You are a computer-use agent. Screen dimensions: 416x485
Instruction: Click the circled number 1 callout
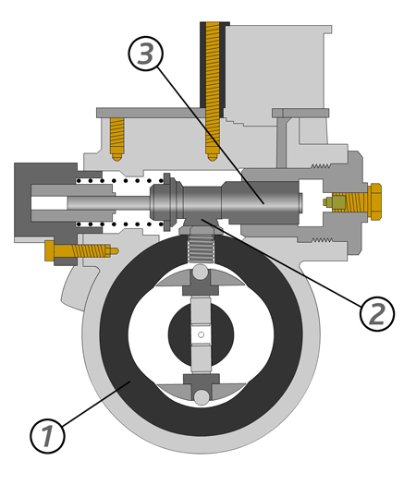click(x=47, y=436)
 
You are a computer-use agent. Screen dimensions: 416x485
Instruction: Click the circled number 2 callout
click(x=377, y=314)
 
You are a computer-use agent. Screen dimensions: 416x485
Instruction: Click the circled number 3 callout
click(x=145, y=54)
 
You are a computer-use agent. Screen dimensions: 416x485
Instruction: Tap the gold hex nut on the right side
click(x=375, y=201)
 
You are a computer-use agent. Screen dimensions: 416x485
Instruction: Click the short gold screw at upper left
click(x=117, y=139)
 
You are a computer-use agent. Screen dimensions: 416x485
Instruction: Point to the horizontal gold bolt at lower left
click(x=81, y=251)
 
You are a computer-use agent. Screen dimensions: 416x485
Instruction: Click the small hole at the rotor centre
click(x=201, y=334)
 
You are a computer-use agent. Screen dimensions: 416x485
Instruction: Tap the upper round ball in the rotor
click(x=201, y=273)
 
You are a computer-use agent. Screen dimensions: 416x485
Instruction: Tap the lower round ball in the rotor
click(x=202, y=397)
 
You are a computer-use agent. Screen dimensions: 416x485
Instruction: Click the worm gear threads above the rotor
click(x=201, y=249)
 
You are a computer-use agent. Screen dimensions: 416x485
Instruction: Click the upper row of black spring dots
click(x=120, y=181)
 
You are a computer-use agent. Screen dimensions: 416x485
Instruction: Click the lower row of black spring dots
click(x=120, y=224)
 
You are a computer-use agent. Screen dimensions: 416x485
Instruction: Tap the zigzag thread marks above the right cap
click(x=321, y=166)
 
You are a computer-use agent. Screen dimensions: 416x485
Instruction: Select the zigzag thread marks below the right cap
click(x=323, y=240)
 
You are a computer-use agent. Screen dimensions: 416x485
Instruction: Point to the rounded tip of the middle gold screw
click(x=213, y=157)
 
